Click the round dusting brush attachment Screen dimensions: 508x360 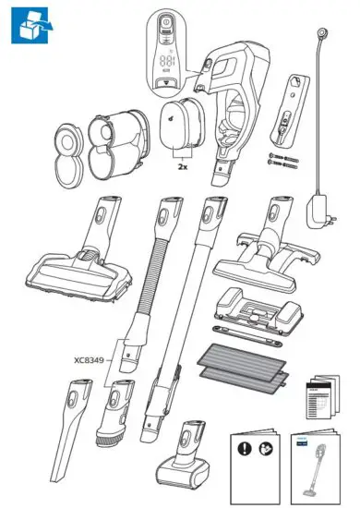click(x=117, y=417)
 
